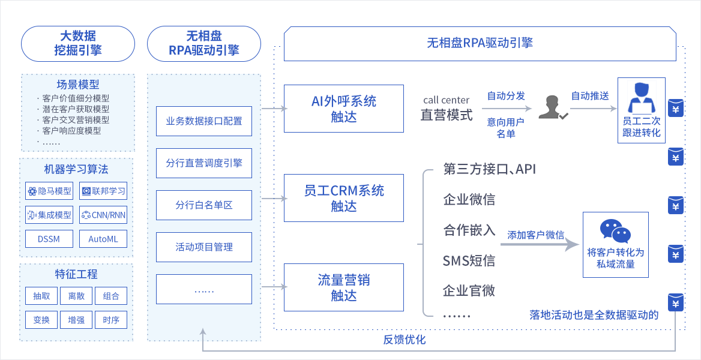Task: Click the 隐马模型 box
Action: click(x=50, y=191)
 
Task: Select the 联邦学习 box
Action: click(x=104, y=191)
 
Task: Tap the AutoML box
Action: click(x=104, y=239)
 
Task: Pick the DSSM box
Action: click(x=50, y=239)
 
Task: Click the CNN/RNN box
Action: click(x=104, y=215)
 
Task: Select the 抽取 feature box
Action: click(x=42, y=296)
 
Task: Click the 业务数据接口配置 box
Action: click(x=204, y=121)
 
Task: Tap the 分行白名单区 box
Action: click(x=204, y=205)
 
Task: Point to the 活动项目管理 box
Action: click(x=204, y=247)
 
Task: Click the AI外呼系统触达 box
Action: click(x=344, y=109)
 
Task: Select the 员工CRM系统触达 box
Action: click(x=344, y=198)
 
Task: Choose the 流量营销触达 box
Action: click(x=344, y=287)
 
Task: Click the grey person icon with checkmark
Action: click(x=552, y=107)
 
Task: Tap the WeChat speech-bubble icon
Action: click(x=615, y=231)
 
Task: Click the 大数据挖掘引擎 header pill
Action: click(x=78, y=43)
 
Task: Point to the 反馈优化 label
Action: click(x=405, y=340)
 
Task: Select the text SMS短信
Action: click(x=469, y=260)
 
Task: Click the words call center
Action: click(x=446, y=100)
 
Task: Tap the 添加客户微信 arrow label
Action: click(x=535, y=235)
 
